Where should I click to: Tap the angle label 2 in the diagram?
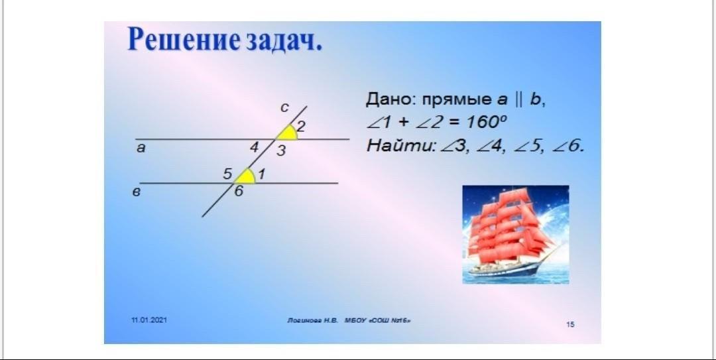[301, 126]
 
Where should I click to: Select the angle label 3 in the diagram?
[281, 150]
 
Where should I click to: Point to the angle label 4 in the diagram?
[255, 147]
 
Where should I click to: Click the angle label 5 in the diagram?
[227, 174]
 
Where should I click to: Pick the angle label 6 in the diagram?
[239, 191]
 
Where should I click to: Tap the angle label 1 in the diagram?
[262, 174]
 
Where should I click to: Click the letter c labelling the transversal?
[284, 108]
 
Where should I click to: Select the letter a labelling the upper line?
[141, 148]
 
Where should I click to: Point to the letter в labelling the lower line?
[136, 192]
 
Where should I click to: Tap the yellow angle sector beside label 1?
[246, 176]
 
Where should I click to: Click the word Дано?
[390, 100]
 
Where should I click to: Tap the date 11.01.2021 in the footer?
[149, 320]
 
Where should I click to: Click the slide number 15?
[570, 324]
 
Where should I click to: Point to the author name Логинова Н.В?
[313, 321]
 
